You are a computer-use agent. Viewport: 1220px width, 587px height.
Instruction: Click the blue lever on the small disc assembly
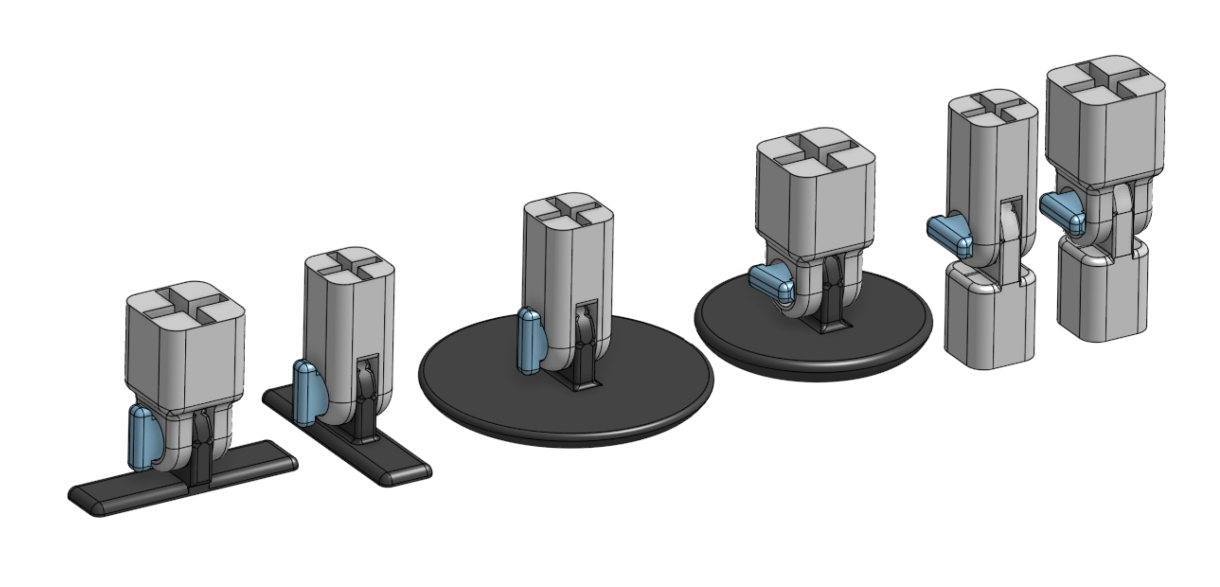[770, 283]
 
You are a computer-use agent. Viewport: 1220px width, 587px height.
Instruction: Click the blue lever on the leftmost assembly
[142, 437]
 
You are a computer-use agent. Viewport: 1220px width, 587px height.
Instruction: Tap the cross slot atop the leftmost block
[185, 306]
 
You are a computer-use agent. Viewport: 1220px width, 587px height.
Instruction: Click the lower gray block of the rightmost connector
[1103, 298]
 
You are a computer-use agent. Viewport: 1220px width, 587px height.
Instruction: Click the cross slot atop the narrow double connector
[992, 109]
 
